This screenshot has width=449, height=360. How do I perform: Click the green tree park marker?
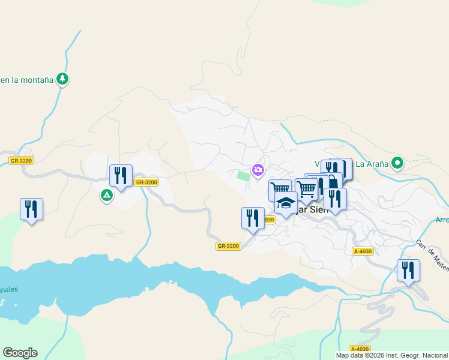(x=62, y=79)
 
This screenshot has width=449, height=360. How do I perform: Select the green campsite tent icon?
(x=106, y=195)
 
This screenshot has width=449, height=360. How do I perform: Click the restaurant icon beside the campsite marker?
(x=121, y=176)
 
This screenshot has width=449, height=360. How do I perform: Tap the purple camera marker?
(x=258, y=170)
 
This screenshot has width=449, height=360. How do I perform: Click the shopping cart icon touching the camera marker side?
(x=280, y=189)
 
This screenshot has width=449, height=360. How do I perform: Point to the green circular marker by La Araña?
(x=397, y=163)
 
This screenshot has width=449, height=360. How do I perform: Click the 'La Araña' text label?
(x=371, y=163)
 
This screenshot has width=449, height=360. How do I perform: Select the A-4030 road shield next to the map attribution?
(x=360, y=349)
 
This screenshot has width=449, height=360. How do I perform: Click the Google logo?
(x=20, y=353)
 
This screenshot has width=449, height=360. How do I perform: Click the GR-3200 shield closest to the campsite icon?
(x=146, y=182)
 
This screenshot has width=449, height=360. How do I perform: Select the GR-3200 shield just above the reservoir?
(x=228, y=246)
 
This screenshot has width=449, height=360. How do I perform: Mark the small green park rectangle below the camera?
(x=243, y=176)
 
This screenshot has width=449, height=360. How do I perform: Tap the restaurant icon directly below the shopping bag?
(x=335, y=199)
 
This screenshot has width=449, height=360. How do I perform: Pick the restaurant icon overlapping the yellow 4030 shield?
(x=253, y=217)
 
